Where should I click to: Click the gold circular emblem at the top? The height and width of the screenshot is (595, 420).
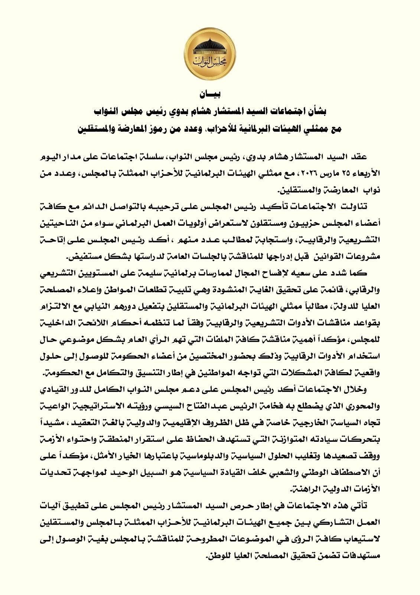click(210, 52)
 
